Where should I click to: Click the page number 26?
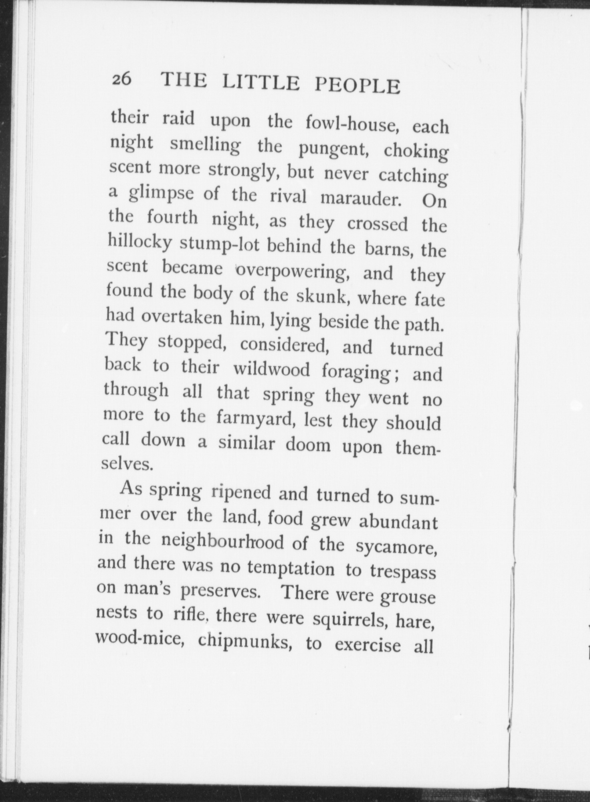coord(121,79)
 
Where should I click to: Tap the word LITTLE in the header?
coord(261,83)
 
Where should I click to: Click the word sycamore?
coord(395,546)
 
